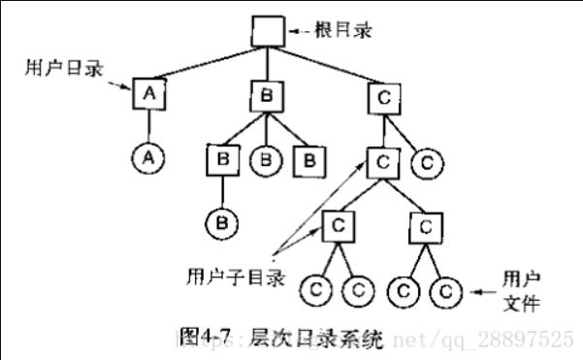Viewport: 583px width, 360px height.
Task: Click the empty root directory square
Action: point(265,31)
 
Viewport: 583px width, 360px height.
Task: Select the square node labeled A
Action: point(148,94)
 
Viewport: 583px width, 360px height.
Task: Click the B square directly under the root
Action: point(265,95)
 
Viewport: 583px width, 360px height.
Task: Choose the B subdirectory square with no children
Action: point(308,158)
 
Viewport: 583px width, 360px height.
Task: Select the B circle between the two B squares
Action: point(265,158)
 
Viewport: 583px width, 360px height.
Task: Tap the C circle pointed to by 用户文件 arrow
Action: point(444,289)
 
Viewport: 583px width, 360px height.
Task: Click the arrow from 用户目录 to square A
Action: point(119,84)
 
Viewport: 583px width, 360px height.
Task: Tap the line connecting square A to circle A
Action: point(148,124)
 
